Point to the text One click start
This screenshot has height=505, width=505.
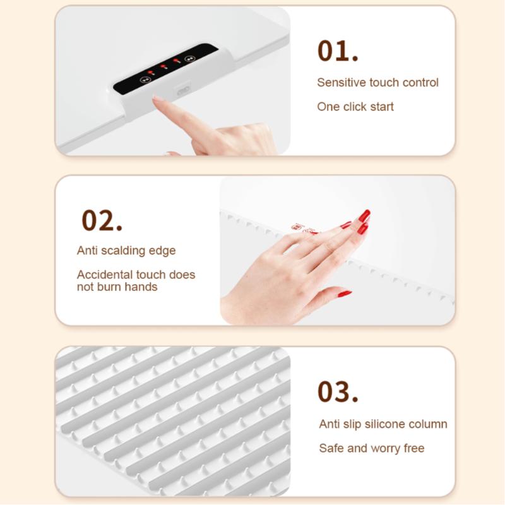[x=355, y=107]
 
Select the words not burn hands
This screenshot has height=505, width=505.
[x=117, y=287]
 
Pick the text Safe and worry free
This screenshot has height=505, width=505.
[x=371, y=448]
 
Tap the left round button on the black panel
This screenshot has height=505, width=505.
[x=145, y=80]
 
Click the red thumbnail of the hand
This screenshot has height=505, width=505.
[x=344, y=294]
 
